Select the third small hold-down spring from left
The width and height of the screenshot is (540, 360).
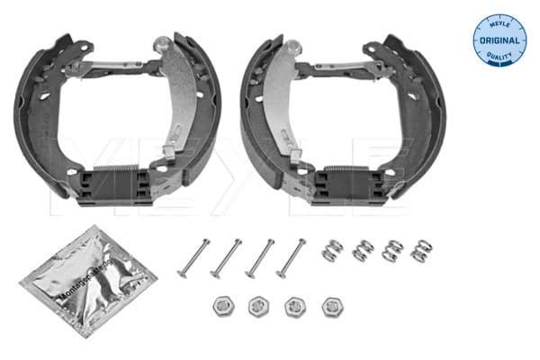click(x=392, y=250)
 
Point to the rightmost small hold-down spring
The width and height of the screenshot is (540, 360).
click(x=418, y=249)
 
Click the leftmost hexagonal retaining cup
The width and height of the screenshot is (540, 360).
click(x=222, y=306)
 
